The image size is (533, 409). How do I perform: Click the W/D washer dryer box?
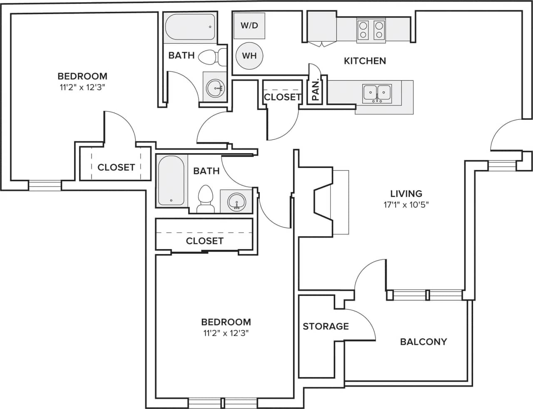coord(249,25)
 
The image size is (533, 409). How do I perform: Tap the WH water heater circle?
coord(249,55)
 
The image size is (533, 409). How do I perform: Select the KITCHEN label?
coord(365,61)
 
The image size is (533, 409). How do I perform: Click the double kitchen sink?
coord(377,93)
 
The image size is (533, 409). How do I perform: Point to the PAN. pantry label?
coord(315,91)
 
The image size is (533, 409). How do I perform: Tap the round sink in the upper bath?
coord(215,87)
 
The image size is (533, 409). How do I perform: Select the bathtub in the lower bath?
coord(171,180)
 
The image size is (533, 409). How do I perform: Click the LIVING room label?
coord(406,193)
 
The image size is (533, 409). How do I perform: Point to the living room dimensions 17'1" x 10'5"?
coord(406,205)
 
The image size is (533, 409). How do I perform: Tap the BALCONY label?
coord(423,342)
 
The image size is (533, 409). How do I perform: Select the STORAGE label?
coord(326,326)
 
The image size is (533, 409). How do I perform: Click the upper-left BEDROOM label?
coord(82,76)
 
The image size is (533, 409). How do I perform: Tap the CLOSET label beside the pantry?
coord(282,97)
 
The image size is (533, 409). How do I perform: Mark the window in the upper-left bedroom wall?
coord(45,185)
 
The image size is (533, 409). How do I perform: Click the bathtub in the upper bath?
coord(190,27)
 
